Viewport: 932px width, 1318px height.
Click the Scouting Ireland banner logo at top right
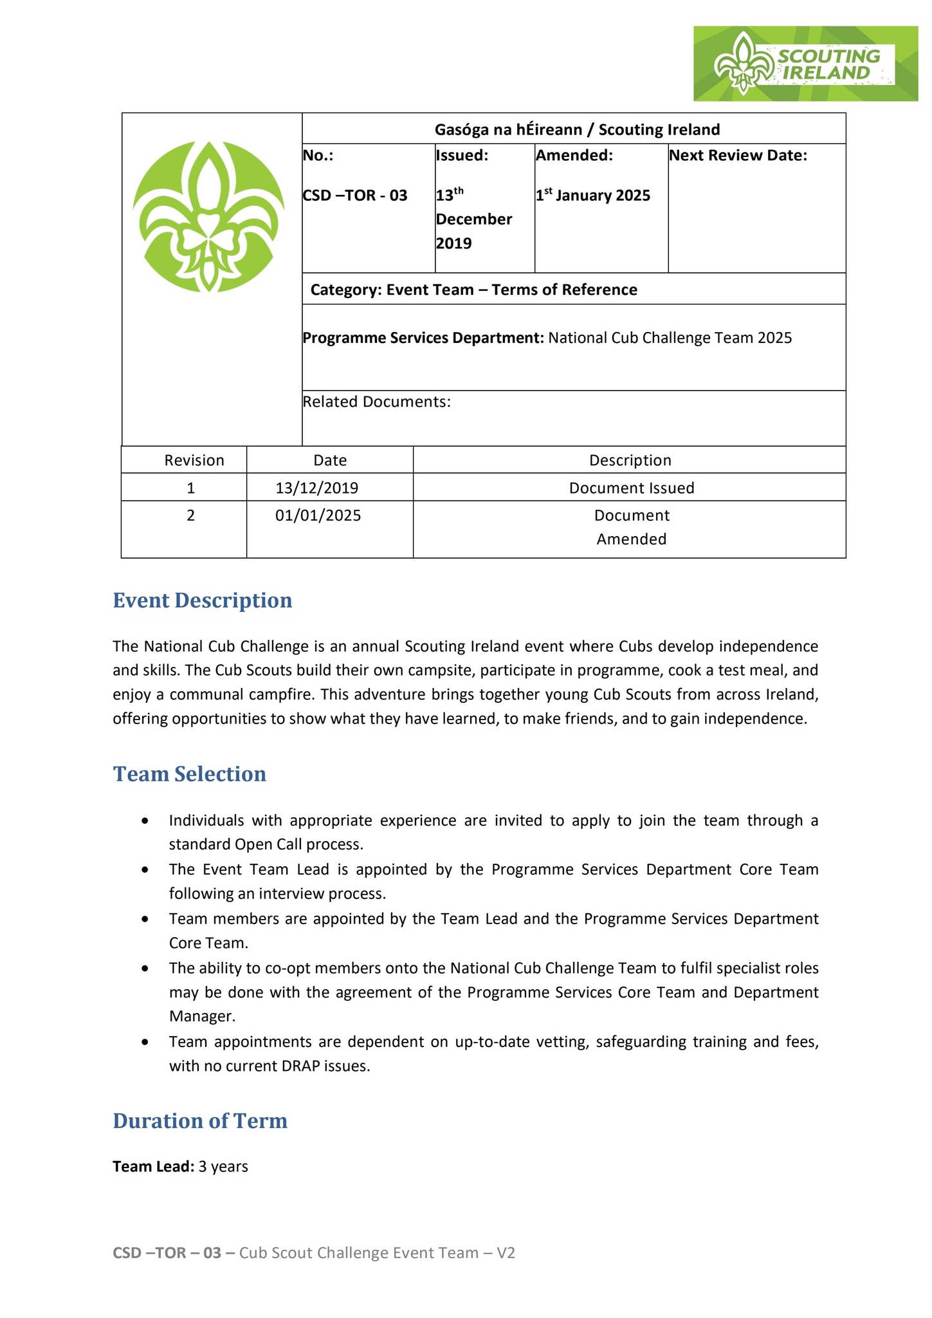[x=805, y=64]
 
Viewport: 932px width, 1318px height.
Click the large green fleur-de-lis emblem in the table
[x=208, y=217]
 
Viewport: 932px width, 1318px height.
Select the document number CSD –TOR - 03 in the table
[x=355, y=196]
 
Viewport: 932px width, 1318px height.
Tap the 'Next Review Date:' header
[x=738, y=155]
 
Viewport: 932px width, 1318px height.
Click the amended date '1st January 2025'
[x=592, y=196]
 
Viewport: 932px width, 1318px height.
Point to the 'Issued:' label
[x=462, y=155]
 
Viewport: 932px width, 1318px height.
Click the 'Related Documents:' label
[x=376, y=402]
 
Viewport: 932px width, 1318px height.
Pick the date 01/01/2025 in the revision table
[x=318, y=515]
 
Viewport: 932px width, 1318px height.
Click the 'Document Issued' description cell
[x=631, y=488]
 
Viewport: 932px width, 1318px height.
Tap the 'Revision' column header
[x=194, y=460]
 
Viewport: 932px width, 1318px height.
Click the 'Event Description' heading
[x=202, y=600]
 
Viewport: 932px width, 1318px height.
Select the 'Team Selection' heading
[x=189, y=774]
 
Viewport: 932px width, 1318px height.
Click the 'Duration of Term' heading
[x=199, y=1120]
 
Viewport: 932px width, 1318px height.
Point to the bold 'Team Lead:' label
[x=153, y=1166]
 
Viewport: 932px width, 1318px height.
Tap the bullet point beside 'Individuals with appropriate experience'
[x=147, y=821]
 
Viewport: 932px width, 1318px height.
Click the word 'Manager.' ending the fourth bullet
[x=202, y=1016]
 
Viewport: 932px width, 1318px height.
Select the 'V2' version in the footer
[x=506, y=1252]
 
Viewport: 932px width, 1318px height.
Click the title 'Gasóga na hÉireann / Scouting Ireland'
[x=577, y=129]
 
